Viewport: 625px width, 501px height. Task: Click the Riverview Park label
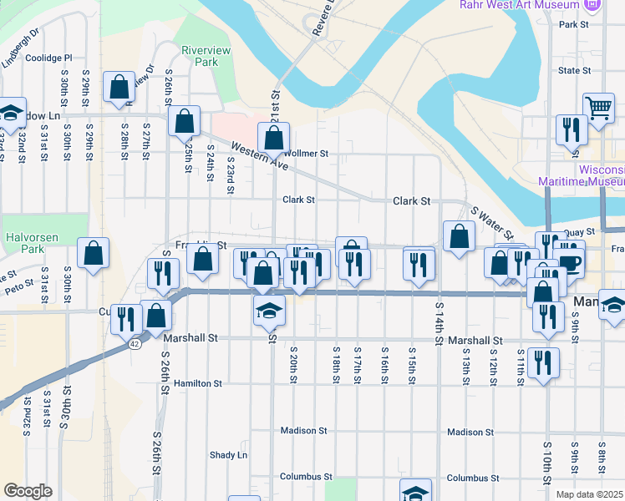[200, 56]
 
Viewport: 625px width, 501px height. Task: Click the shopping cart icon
[599, 106]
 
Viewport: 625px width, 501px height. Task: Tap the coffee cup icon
[570, 262]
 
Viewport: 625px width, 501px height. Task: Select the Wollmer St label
[307, 154]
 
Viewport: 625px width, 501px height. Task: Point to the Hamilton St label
[198, 383]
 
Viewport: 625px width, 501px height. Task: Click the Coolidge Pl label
[49, 58]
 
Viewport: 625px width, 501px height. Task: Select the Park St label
[575, 25]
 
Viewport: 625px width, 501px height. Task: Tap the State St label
[574, 70]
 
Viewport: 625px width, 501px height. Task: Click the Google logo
[28, 491]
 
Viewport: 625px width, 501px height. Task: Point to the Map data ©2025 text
[589, 494]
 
